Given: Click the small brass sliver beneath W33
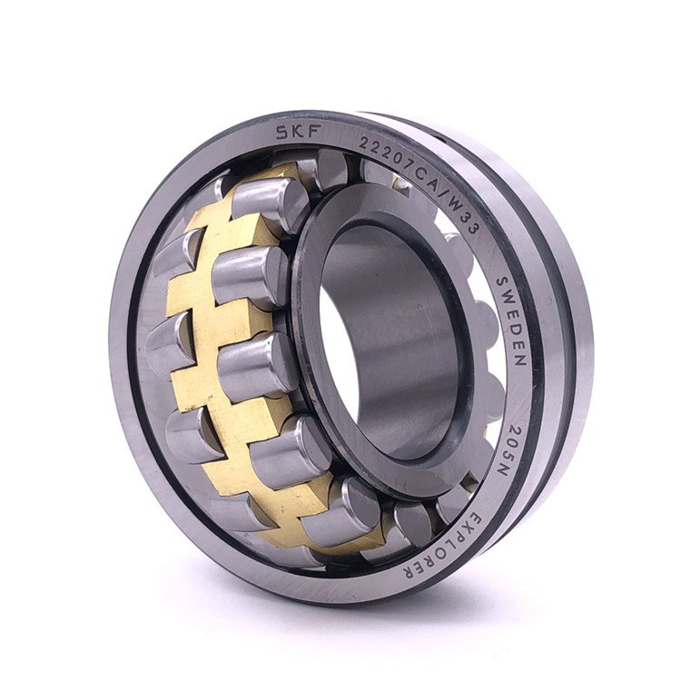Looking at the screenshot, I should point(400,183).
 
